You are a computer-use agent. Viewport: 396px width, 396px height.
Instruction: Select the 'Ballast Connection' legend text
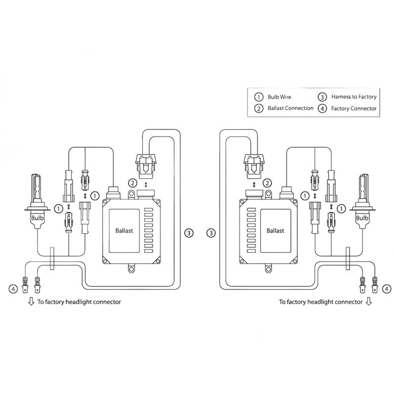click(290, 108)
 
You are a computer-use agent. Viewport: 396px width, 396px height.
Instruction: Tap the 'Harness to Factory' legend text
click(353, 97)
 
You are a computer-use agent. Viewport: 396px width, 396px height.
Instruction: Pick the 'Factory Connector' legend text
click(353, 108)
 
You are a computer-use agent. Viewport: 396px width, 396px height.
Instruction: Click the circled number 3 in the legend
click(322, 97)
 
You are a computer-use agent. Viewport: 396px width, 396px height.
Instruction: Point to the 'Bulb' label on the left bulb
click(37, 217)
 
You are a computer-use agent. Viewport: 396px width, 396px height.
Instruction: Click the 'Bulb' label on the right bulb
click(362, 217)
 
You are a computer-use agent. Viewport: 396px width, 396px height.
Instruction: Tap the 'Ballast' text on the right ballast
click(275, 231)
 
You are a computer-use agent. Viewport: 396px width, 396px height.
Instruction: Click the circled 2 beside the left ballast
click(132, 184)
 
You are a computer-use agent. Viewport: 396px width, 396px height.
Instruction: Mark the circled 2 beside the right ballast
click(268, 184)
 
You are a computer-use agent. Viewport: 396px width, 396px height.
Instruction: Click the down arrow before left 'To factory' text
click(31, 301)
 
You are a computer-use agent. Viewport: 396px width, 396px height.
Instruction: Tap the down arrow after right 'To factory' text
click(368, 301)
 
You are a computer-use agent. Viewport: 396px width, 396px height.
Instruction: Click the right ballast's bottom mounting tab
click(269, 268)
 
